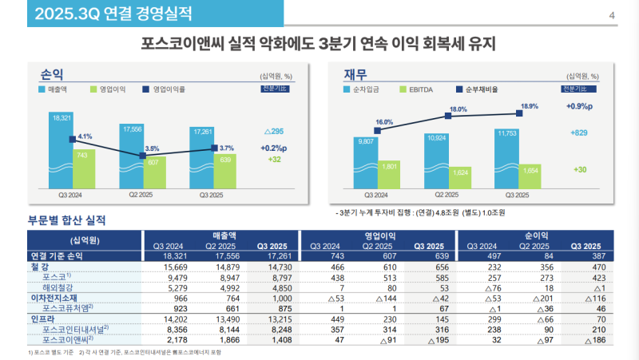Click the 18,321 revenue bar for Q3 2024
pos(62,152)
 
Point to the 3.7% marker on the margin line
pos(214,148)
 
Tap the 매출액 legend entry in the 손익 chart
pos(56,89)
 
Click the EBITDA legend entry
pos(418,89)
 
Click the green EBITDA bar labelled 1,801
pos(390,172)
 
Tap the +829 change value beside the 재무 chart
pos(579,133)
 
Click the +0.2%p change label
pos(275,148)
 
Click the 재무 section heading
pos(355,74)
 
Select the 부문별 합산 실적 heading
pos(67,220)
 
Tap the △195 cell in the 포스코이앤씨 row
pos(428,338)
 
